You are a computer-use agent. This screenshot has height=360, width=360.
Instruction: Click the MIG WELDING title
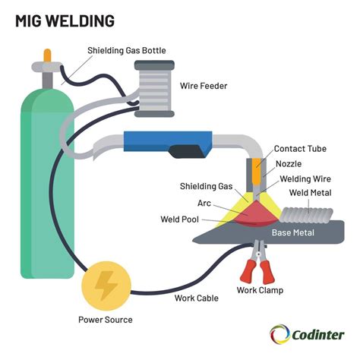pyautogui.click(x=64, y=20)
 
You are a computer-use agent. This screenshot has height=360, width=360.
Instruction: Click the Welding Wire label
pyautogui.click(x=308, y=178)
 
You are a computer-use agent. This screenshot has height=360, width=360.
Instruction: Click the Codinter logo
pyautogui.click(x=307, y=334)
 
